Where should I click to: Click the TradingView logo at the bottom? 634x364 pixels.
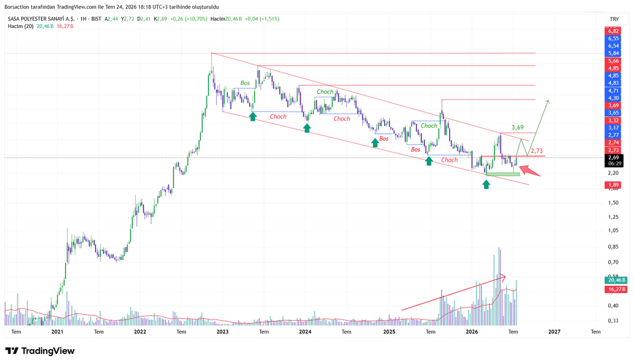point(40,351)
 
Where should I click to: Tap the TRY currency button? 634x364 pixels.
point(614,19)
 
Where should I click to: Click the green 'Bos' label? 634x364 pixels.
point(245,83)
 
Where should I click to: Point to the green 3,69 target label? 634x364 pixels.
point(517,128)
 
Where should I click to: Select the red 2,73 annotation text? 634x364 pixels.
point(536,151)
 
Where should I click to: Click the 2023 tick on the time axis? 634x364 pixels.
point(222,331)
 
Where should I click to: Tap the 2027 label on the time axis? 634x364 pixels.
point(554,331)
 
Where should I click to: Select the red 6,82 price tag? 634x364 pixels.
point(613,31)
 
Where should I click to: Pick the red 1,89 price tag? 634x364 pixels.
point(613,185)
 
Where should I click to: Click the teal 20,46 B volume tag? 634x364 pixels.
point(616,280)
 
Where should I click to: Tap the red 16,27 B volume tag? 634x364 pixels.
point(616,289)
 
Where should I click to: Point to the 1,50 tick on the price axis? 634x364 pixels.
point(613,203)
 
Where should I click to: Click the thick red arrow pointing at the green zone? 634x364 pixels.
point(529,171)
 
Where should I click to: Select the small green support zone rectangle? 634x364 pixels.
point(503,175)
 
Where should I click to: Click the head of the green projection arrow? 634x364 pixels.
point(548,101)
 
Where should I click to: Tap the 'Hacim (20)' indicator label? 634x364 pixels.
point(21,26)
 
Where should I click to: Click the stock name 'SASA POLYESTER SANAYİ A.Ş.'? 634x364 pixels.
point(41,19)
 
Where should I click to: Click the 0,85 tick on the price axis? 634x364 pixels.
point(613,247)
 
